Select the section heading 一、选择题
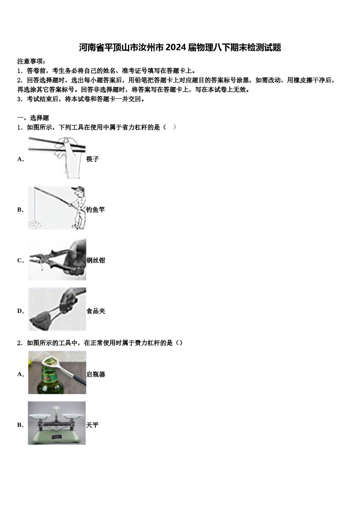coord(33,118)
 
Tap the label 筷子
coord(92,159)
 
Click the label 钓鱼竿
coord(95,209)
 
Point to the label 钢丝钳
coord(95,260)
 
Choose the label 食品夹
coord(95,311)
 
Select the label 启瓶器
coord(95,374)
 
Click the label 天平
coord(92,425)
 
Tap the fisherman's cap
coord(78,189)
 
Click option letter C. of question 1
coord(20,261)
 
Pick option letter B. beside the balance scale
coord(20,425)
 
